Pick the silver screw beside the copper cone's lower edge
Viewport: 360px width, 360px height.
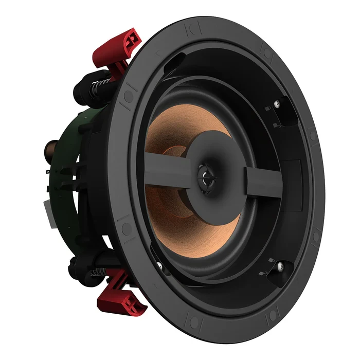[x=159, y=266]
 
